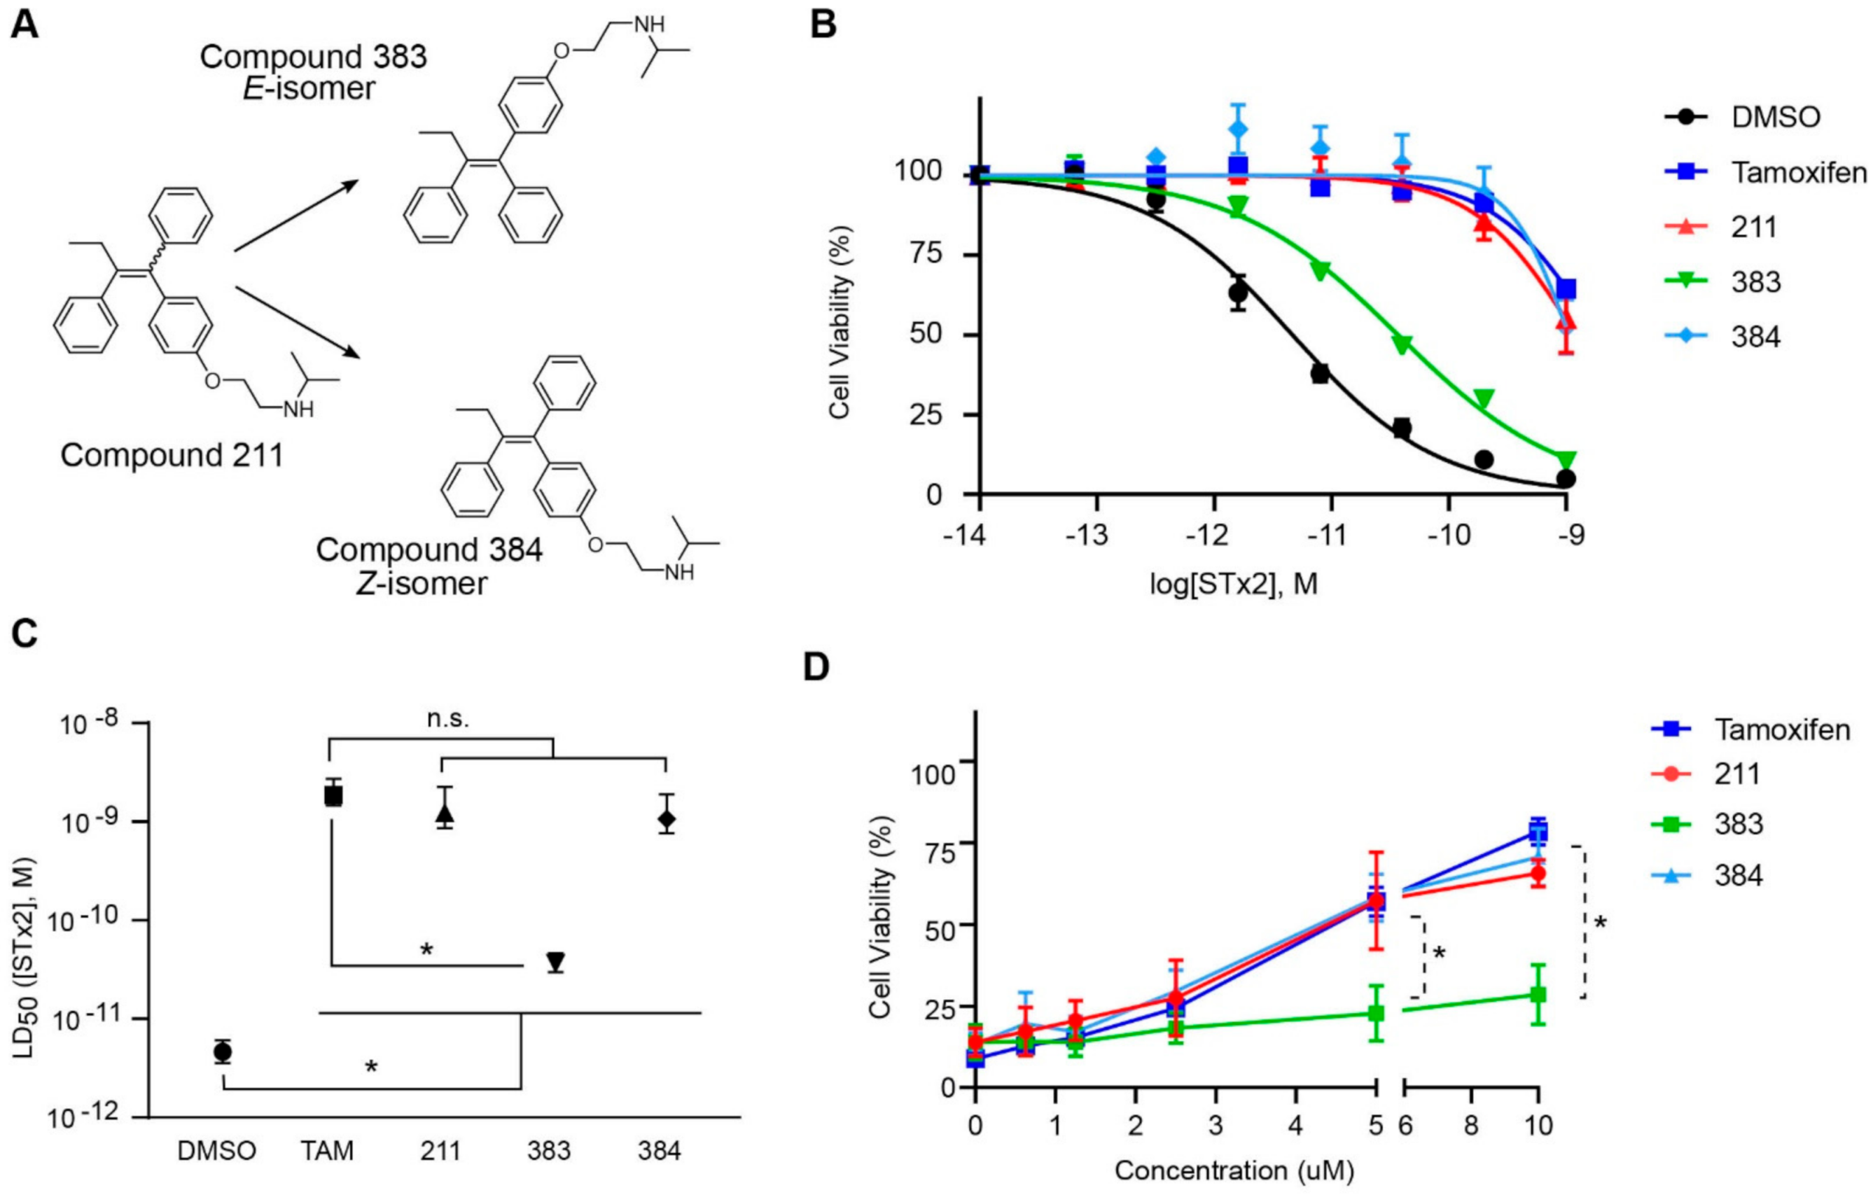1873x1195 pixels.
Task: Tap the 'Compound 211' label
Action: [172, 455]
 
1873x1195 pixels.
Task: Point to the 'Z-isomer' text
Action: [422, 582]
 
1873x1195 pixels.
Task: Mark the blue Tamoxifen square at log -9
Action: [1566, 289]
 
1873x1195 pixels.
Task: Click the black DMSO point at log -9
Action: [1566, 479]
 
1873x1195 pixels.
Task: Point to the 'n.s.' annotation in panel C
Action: [449, 718]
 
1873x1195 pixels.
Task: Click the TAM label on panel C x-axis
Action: [327, 1150]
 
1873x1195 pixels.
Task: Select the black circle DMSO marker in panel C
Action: [223, 1051]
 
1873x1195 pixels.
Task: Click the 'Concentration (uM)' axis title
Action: [1234, 1170]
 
